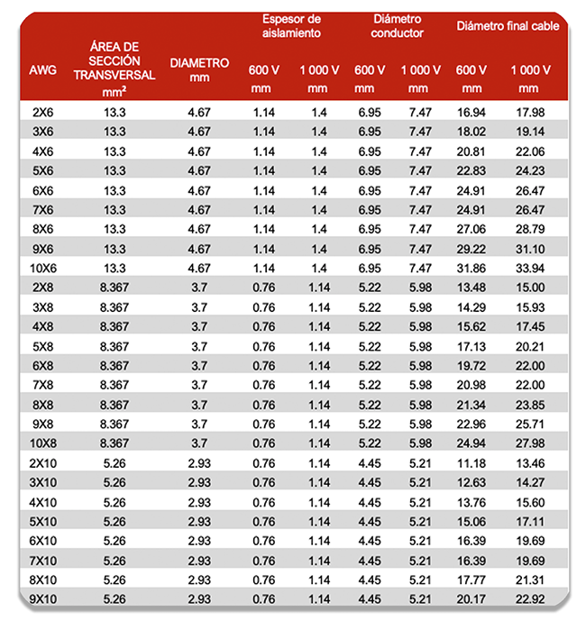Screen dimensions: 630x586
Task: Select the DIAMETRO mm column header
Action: point(199,69)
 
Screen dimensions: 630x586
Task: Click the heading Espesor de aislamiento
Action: point(291,26)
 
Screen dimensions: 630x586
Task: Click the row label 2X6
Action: point(41,112)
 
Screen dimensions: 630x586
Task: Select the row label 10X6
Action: point(41,268)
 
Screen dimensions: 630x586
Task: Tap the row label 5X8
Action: point(41,346)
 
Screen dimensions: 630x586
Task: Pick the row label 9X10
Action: point(41,599)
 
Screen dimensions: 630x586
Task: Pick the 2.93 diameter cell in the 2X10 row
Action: point(198,463)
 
